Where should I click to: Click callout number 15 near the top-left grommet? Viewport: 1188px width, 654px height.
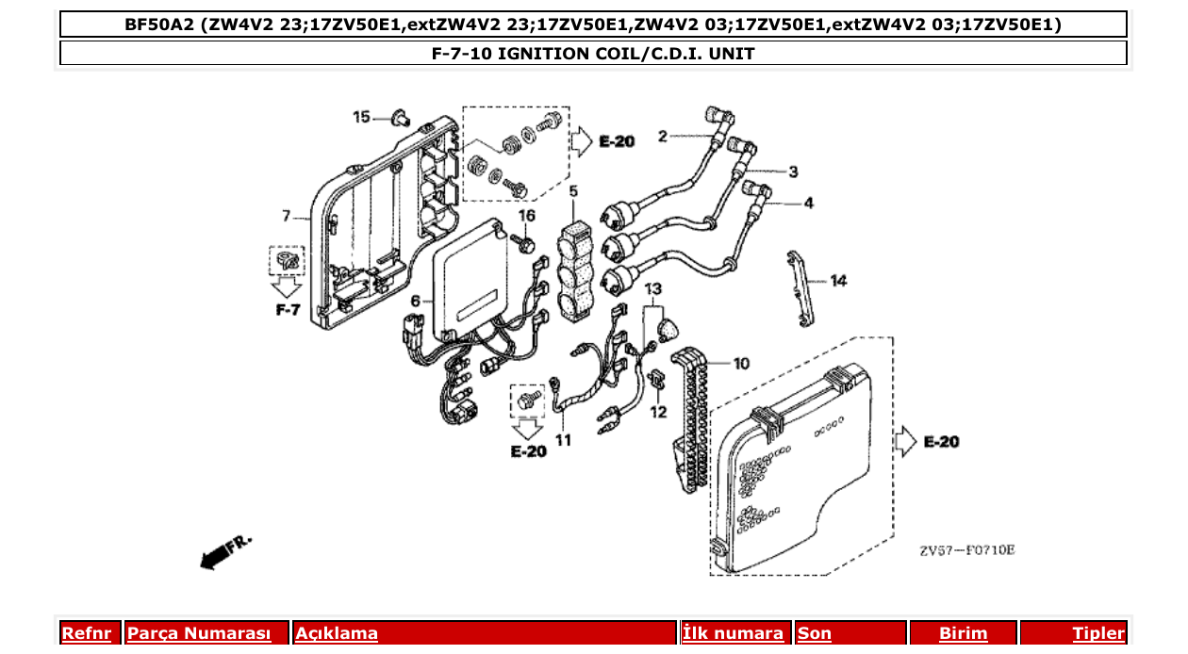(361, 117)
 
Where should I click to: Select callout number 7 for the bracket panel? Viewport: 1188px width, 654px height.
(286, 216)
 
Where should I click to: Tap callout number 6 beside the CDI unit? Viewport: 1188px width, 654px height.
(414, 301)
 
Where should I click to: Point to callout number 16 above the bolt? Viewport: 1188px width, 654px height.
(526, 216)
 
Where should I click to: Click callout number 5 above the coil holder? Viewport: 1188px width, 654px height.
(573, 192)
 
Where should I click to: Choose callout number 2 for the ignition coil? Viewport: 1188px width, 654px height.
(663, 136)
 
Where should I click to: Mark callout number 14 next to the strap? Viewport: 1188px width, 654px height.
(838, 280)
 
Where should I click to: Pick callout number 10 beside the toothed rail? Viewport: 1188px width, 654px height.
(741, 363)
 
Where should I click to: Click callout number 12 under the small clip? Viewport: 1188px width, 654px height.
(658, 412)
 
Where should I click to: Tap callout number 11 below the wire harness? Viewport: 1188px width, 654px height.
(563, 440)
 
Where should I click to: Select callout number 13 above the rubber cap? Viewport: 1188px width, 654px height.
(653, 287)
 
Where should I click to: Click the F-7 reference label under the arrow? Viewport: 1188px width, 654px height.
(288, 308)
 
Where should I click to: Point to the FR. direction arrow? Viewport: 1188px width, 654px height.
(226, 551)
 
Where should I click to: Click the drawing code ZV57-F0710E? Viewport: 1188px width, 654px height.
(967, 550)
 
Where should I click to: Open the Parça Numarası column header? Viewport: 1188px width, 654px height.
(198, 633)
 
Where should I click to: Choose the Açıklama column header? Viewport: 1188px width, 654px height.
(337, 633)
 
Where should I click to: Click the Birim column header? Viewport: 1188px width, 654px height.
(963, 633)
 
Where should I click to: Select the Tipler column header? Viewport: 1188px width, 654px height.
(1097, 633)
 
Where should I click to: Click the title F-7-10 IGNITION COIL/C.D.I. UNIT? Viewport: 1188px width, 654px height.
(593, 54)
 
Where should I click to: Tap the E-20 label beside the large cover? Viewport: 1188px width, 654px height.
(941, 441)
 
